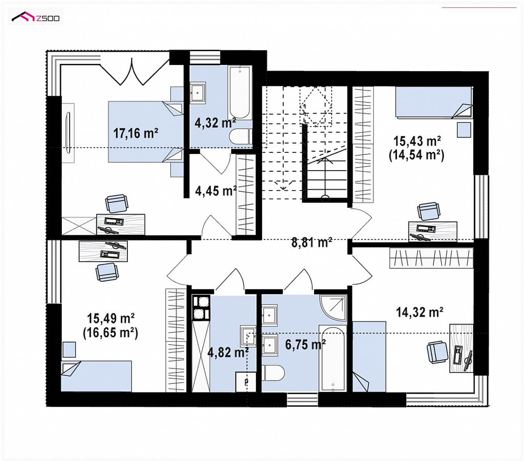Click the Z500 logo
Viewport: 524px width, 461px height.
pyautogui.click(x=36, y=17)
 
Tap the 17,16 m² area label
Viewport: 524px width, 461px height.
pyautogui.click(x=135, y=133)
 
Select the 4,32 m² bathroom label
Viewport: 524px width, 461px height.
pyautogui.click(x=215, y=123)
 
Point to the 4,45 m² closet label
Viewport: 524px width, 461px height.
pyautogui.click(x=216, y=191)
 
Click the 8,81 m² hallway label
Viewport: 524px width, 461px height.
pyautogui.click(x=312, y=243)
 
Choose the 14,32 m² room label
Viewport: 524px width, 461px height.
pyautogui.click(x=420, y=312)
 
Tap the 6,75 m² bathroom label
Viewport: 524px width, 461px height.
pyautogui.click(x=305, y=344)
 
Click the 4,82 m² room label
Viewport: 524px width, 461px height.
pyautogui.click(x=228, y=352)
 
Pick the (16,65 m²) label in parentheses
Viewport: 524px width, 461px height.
pyautogui.click(x=111, y=333)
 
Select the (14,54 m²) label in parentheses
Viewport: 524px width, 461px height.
pyautogui.click(x=417, y=155)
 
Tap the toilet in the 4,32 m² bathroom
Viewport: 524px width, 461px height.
pyautogui.click(x=242, y=137)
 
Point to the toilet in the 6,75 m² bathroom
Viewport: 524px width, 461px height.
pyautogui.click(x=273, y=373)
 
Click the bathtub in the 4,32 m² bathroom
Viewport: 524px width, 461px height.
pyautogui.click(x=239, y=92)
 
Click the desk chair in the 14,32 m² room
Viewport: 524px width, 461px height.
pyautogui.click(x=438, y=353)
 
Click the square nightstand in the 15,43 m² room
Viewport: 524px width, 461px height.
pyautogui.click(x=464, y=129)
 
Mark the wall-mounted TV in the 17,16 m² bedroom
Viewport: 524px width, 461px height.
pyautogui.click(x=69, y=133)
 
